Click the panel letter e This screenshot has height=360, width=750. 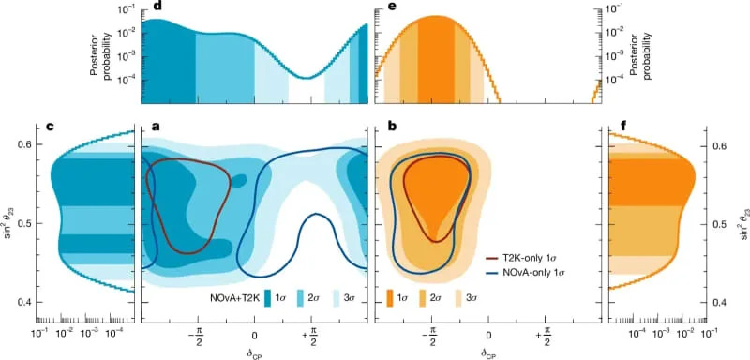coord(379,7)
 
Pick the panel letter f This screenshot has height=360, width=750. coord(613,127)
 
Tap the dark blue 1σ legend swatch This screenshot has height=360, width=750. coord(269,296)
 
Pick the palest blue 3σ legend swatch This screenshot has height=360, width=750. coord(339,296)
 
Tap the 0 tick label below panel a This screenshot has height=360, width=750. coord(254,334)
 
